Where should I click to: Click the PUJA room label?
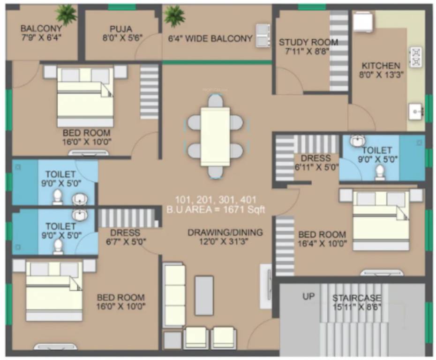point(121,29)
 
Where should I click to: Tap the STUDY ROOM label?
point(308,42)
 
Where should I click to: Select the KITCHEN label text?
point(381,66)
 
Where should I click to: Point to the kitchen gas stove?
point(416,57)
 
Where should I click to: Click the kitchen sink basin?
point(416,112)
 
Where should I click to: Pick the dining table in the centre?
point(215,136)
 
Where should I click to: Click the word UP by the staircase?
point(308,297)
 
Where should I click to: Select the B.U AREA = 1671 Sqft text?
point(216,209)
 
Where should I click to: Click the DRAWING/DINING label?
point(225,232)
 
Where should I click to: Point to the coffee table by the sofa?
point(204,295)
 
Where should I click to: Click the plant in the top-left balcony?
point(66,14)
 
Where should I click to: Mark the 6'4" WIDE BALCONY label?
point(210,38)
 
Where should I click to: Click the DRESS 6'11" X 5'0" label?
point(316,163)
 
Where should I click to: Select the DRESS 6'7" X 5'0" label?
point(125,237)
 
